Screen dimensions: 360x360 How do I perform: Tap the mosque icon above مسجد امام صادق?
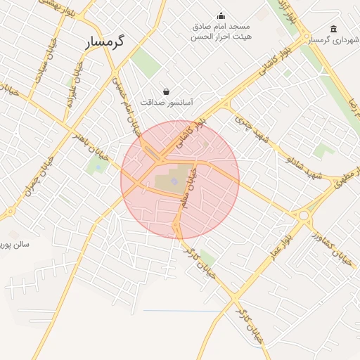click(222, 16)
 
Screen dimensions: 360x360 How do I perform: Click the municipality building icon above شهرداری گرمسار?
click(332, 30)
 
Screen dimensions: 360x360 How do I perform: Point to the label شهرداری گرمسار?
click(331, 40)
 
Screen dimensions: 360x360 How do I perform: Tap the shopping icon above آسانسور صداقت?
click(166, 91)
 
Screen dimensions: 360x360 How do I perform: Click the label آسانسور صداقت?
click(167, 102)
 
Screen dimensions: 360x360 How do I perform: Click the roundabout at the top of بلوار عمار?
click(304, 217)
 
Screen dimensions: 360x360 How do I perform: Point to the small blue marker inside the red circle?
click(174, 182)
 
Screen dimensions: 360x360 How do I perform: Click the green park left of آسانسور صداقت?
click(146, 62)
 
